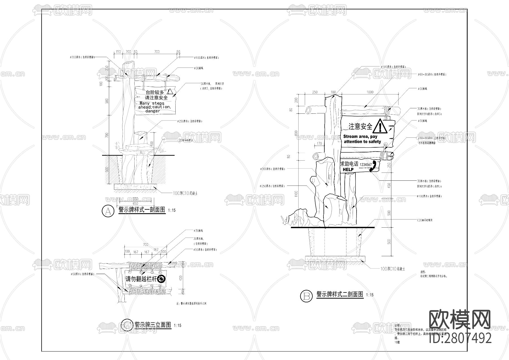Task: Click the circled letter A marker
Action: (x=107, y=211)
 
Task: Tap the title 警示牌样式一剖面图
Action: (x=142, y=210)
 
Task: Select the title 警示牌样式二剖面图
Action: (x=340, y=294)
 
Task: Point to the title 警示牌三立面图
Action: (x=153, y=325)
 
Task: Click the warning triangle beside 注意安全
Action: (x=379, y=127)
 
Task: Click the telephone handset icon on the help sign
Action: (x=373, y=166)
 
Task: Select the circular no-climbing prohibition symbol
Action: (x=161, y=279)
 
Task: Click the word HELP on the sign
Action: (x=348, y=170)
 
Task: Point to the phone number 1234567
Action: (x=366, y=165)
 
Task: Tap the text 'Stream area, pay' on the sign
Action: (x=360, y=137)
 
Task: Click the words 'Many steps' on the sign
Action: (x=152, y=103)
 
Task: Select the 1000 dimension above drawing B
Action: (x=370, y=92)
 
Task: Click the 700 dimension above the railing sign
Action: (x=145, y=245)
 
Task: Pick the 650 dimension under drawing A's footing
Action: (x=135, y=204)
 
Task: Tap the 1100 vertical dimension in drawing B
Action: (x=296, y=194)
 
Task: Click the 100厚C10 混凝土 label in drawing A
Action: (x=185, y=193)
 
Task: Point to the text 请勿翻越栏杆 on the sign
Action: (x=141, y=279)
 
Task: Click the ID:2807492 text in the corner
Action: (x=460, y=338)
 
